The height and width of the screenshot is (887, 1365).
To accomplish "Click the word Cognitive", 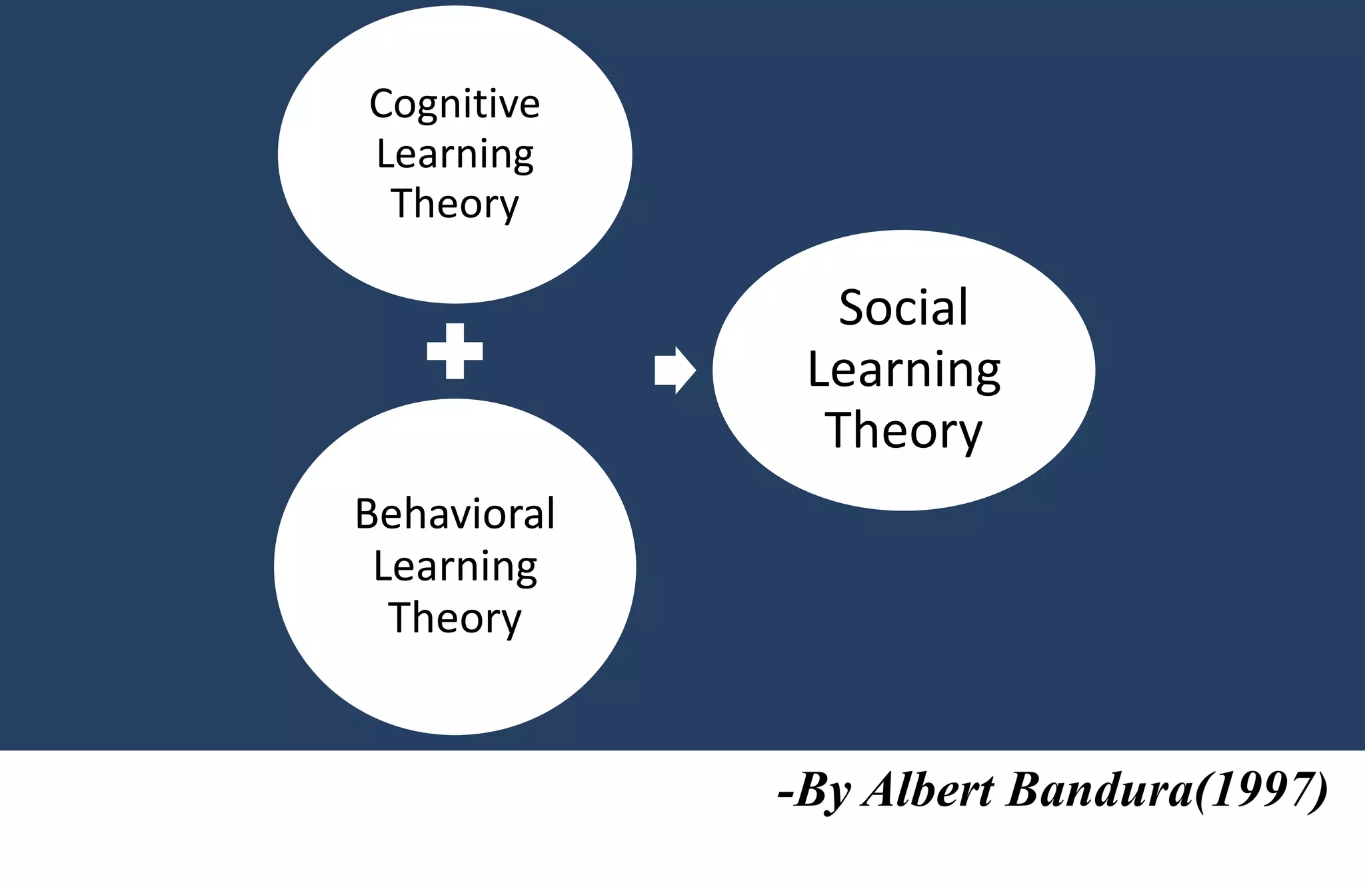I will click(455, 105).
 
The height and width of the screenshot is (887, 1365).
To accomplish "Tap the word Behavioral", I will click(455, 514).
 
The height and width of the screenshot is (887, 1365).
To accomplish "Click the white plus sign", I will click(455, 351).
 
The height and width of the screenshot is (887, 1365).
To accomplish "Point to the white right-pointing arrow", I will click(675, 371).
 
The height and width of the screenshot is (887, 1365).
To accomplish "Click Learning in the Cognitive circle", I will click(455, 155).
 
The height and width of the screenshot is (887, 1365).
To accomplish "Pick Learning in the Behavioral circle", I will click(455, 566).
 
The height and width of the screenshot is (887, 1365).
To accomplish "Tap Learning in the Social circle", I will click(904, 369).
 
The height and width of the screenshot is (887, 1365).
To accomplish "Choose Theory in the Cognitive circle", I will click(455, 204).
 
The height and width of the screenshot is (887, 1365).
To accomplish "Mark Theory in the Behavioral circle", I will click(455, 618).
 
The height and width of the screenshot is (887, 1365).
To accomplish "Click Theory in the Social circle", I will click(903, 431).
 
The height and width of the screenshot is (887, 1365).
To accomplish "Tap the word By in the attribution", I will click(822, 791).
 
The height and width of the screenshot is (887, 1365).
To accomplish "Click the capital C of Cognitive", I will click(383, 105).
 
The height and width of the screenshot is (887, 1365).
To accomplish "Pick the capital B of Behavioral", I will click(367, 514).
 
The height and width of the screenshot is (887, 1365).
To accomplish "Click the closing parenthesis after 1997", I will click(1320, 791).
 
